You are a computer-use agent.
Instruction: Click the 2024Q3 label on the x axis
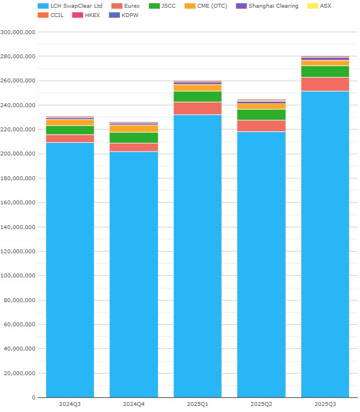coord(70,404)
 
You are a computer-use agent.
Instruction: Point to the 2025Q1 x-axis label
coord(197,404)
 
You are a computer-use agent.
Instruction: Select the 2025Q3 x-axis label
coord(325,404)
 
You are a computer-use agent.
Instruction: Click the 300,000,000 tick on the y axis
coord(18,32)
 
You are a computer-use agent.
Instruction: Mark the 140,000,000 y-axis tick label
coord(18,227)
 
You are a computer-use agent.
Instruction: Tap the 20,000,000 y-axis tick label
coord(20,373)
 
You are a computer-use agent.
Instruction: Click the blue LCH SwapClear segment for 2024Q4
coord(134,275)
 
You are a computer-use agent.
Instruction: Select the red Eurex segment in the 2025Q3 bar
coord(325,84)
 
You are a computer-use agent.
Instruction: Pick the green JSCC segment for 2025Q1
coord(197,97)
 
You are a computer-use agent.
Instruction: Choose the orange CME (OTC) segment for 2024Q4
coord(134,129)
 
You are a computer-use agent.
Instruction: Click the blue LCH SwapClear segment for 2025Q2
coord(261,264)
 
